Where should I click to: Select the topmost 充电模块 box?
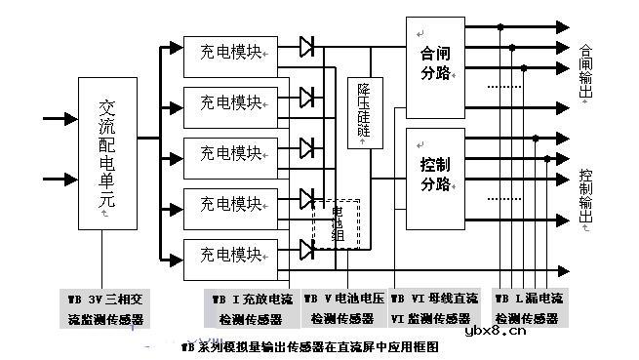coord(230,54)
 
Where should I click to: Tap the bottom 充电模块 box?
coord(230,256)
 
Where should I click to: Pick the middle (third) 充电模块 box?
coord(230,154)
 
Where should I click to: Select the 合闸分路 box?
coord(435,65)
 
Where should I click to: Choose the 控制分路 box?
coord(435,172)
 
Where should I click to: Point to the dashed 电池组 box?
coord(337,224)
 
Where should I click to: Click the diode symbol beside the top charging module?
coord(308,45)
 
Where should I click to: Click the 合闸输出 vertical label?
coord(585,70)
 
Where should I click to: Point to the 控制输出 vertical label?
coord(585,195)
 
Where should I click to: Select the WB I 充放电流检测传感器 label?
coord(250,308)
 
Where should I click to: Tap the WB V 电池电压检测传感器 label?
coord(343,308)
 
